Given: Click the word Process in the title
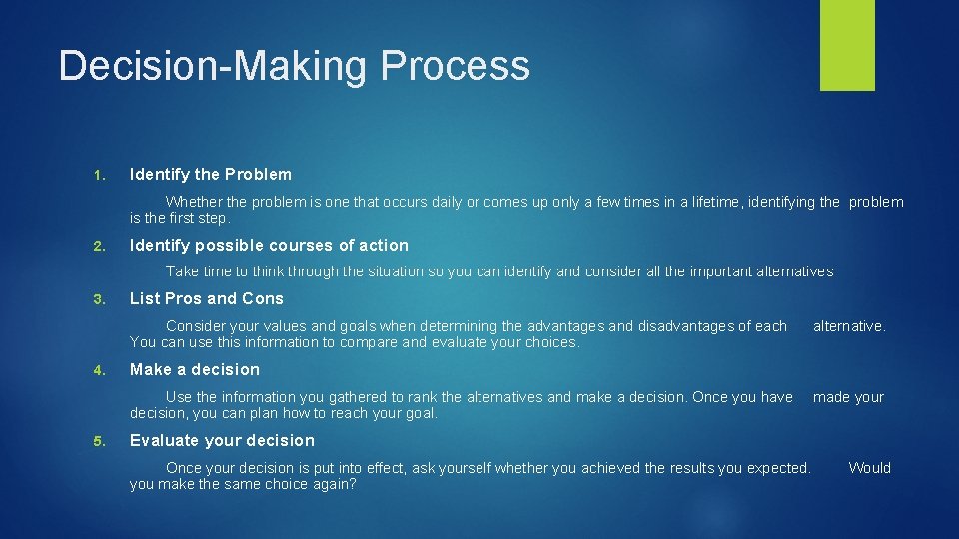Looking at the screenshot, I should tap(455, 66).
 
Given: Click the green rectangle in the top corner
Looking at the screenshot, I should tap(847, 45).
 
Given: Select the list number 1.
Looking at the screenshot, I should tap(98, 175).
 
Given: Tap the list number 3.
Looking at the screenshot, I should tap(98, 299).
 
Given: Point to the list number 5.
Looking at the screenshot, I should tap(98, 441).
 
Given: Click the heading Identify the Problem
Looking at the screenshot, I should tap(211, 174).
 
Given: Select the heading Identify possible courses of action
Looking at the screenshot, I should tap(269, 245).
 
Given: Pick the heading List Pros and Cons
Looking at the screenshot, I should tap(207, 298).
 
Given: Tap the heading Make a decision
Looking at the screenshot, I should tap(195, 369).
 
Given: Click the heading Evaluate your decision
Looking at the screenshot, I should tap(222, 440).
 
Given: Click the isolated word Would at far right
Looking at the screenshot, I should tap(869, 468).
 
